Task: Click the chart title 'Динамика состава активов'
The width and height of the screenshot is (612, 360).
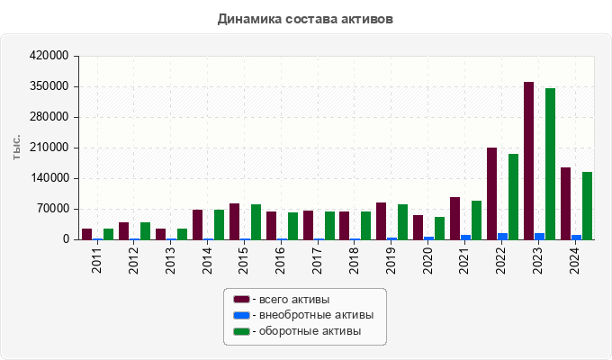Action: point(305,18)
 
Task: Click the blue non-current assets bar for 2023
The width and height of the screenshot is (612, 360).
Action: point(539,237)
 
